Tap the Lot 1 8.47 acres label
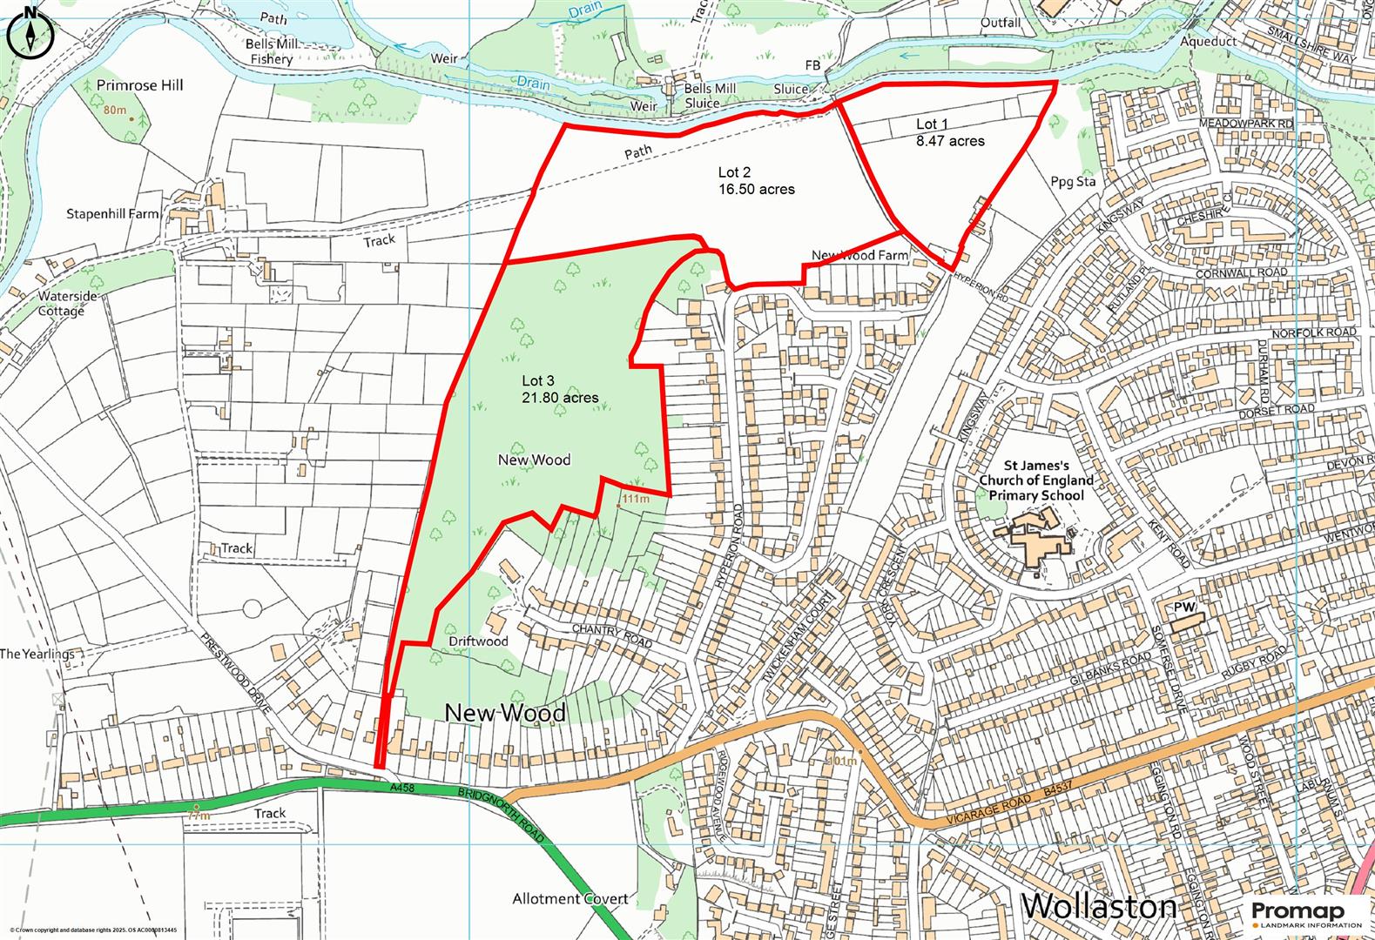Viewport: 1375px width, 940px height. click(x=949, y=132)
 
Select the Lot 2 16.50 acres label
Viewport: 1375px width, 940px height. click(x=756, y=180)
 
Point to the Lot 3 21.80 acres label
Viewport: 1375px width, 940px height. click(x=559, y=389)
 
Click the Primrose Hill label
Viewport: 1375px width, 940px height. click(x=139, y=85)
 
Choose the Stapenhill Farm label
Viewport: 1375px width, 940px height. click(x=112, y=213)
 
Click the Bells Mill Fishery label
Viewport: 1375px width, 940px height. click(x=271, y=51)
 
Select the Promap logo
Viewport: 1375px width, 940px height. click(x=1305, y=910)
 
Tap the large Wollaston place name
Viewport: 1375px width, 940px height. click(x=1099, y=906)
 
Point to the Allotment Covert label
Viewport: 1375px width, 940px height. click(x=570, y=898)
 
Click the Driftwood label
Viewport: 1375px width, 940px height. click(x=478, y=641)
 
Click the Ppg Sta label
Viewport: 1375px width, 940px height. click(x=1073, y=182)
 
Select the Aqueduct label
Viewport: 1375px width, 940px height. click(x=1208, y=41)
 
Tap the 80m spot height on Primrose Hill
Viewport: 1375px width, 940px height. click(x=114, y=111)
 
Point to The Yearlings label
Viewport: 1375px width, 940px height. click(x=37, y=654)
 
